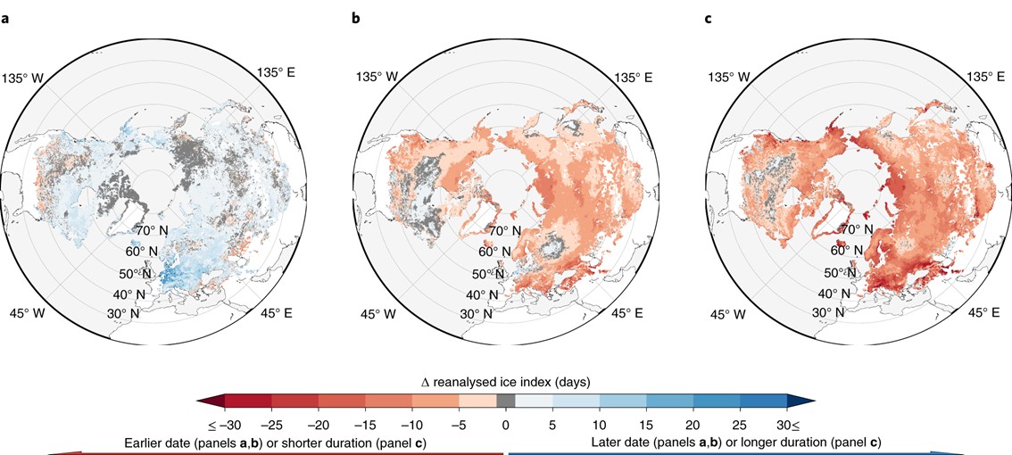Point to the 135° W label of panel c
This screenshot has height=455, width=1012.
point(729,77)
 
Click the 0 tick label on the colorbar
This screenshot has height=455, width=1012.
point(505,423)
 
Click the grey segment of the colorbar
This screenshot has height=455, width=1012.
point(505,401)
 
